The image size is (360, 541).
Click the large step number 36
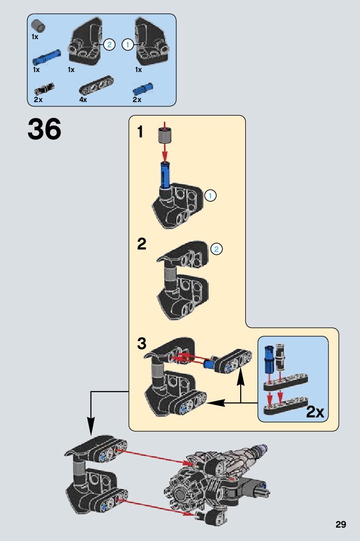pyautogui.click(x=44, y=129)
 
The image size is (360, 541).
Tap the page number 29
pyautogui.click(x=340, y=525)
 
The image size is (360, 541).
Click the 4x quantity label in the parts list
pyautogui.click(x=83, y=100)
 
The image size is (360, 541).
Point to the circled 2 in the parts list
pyautogui.click(x=109, y=45)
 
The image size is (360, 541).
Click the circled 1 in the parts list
pyautogui.click(x=127, y=45)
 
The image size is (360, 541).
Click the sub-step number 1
pyautogui.click(x=140, y=132)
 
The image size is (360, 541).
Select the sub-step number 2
pyautogui.click(x=141, y=244)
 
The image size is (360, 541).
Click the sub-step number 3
pyautogui.click(x=142, y=343)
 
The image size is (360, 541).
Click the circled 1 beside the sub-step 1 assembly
pyautogui.click(x=211, y=195)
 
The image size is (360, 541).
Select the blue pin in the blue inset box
pyautogui.click(x=269, y=358)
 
